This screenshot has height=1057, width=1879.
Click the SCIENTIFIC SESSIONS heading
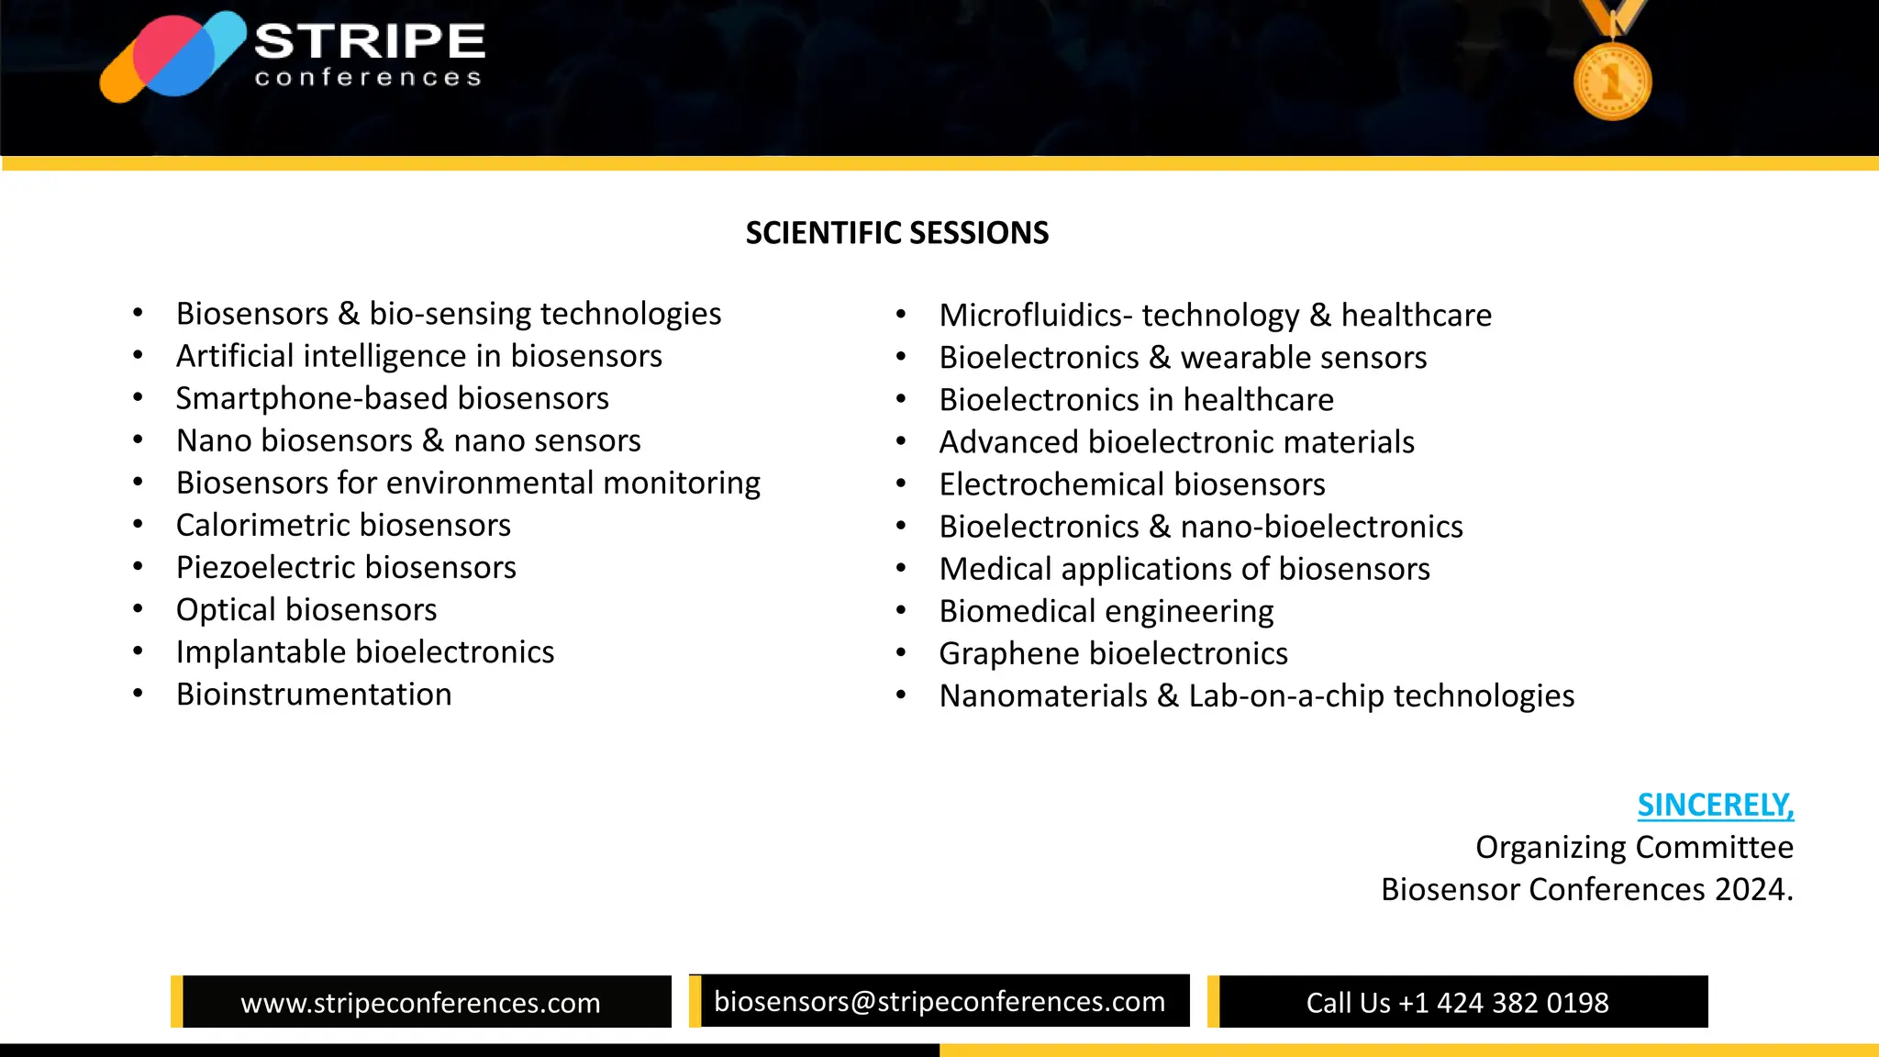896,233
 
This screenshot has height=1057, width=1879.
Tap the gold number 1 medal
1612,81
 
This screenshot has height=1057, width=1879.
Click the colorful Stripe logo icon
172,57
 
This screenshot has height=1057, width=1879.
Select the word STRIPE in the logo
370,41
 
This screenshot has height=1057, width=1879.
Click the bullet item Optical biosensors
306,610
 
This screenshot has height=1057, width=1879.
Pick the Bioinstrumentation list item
314,695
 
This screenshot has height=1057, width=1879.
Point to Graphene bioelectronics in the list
1113,654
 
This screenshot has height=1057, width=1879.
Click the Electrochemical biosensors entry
1131,484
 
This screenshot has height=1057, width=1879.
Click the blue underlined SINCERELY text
1715,805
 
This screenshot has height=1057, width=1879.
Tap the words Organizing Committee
1633,847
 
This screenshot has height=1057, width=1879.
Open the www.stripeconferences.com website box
420,1002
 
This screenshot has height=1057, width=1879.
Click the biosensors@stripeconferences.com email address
939,1001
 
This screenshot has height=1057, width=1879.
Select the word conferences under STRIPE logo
368,78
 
